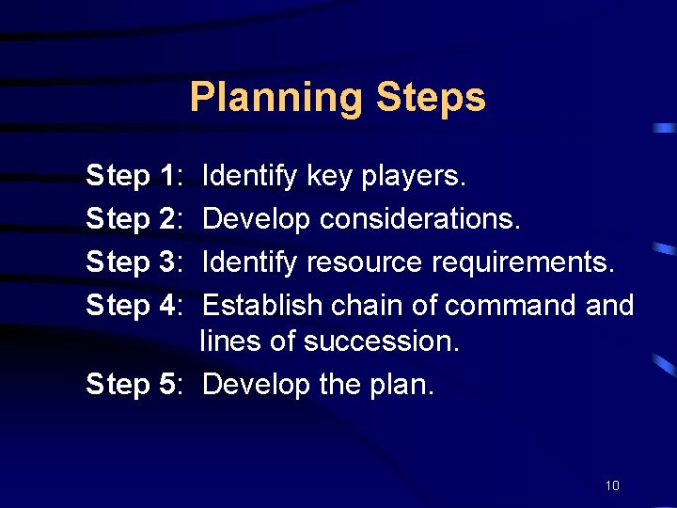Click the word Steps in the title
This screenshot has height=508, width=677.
pyautogui.click(x=431, y=98)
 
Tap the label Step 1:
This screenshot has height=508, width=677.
pyautogui.click(x=133, y=175)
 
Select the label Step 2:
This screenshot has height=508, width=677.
pyautogui.click(x=133, y=218)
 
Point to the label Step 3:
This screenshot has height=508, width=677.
pyautogui.click(x=133, y=262)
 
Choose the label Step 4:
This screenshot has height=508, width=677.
pyautogui.click(x=133, y=305)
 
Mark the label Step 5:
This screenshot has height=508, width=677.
pyautogui.click(x=133, y=384)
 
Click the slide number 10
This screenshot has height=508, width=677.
pyautogui.click(x=612, y=485)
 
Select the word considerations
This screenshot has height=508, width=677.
pyautogui.click(x=419, y=218)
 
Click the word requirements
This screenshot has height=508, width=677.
pyautogui.click(x=524, y=262)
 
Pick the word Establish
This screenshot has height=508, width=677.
pyautogui.click(x=256, y=305)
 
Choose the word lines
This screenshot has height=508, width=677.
pyautogui.click(x=230, y=341)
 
